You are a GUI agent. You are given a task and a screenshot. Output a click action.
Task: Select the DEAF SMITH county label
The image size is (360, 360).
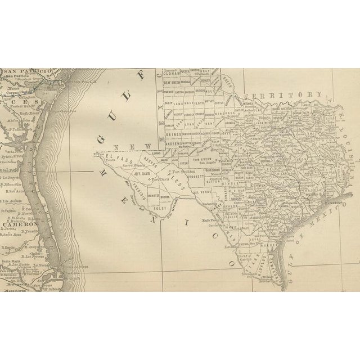tap(170, 82)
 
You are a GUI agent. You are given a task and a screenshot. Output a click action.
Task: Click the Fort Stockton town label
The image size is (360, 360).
tap(183, 172)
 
